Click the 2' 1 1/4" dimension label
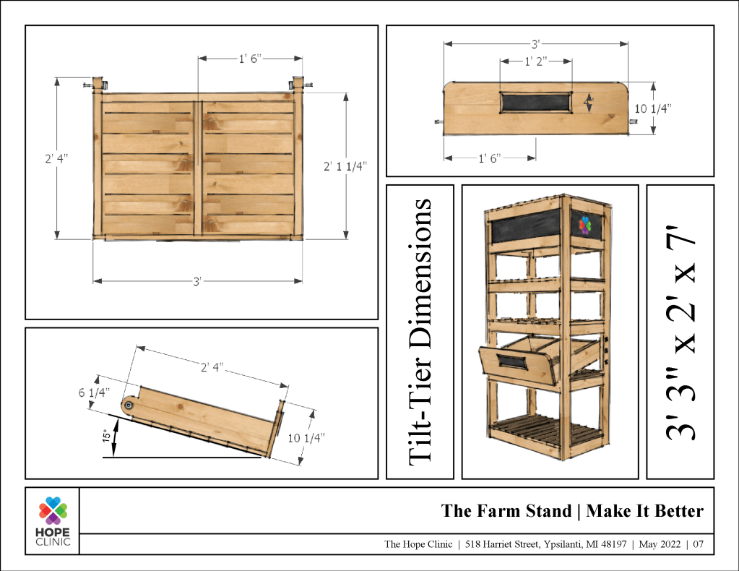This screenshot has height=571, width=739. click(345, 166)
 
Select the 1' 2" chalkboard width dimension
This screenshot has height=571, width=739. click(536, 61)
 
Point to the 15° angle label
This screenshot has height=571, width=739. click(107, 435)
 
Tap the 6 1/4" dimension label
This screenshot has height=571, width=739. click(94, 392)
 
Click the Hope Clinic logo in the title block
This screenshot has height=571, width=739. click(53, 521)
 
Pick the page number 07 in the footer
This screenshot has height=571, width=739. click(698, 544)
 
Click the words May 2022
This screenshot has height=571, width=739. click(660, 544)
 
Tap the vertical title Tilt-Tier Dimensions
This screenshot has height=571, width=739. click(420, 332)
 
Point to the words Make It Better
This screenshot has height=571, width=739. click(645, 510)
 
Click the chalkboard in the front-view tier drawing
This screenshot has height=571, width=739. click(535, 103)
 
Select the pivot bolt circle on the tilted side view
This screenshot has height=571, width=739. click(128, 405)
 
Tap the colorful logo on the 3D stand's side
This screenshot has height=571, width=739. click(584, 226)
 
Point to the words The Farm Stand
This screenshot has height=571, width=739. click(506, 510)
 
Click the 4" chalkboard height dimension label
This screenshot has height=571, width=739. click(588, 101)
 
